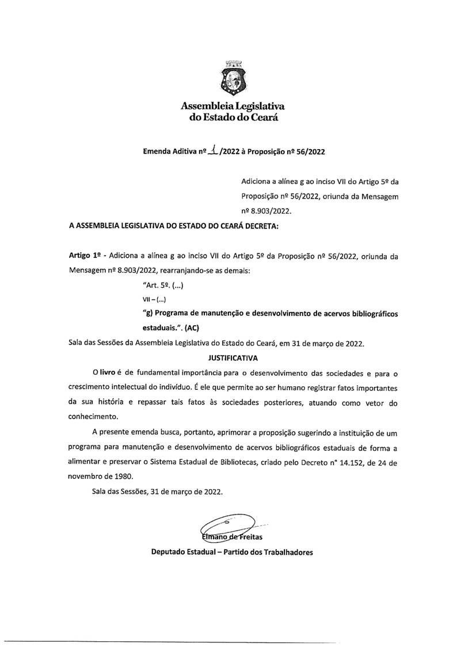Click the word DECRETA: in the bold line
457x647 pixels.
(x=261, y=227)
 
